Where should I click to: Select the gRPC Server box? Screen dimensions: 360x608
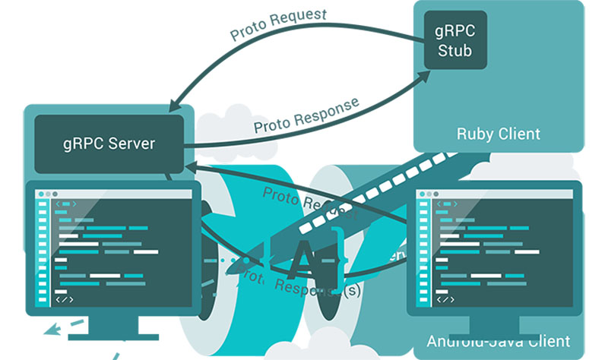coord(109,143)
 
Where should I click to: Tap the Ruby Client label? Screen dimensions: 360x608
coord(498,134)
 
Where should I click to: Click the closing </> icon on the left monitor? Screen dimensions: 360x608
coord(66,300)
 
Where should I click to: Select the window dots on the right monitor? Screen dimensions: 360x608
coord(428,194)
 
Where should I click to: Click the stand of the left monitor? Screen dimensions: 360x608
coord(114,328)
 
